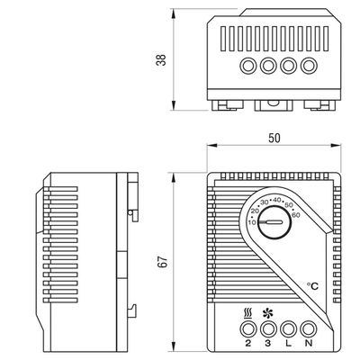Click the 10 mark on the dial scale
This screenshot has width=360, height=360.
tap(251, 221)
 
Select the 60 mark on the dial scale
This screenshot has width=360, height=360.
tap(296, 215)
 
